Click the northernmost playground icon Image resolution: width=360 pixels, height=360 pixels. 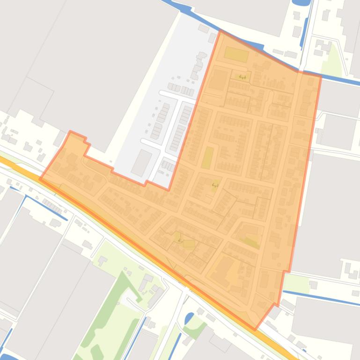point(242,77)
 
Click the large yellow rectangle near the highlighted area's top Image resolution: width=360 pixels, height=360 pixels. point(236,55)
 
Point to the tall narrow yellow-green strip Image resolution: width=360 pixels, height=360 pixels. point(207,158)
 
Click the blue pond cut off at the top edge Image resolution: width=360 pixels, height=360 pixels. point(302,2)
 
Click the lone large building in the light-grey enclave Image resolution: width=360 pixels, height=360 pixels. point(142,162)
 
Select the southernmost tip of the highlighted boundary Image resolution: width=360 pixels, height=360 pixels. point(255,329)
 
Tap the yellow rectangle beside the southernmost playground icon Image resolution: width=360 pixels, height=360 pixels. point(189,244)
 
